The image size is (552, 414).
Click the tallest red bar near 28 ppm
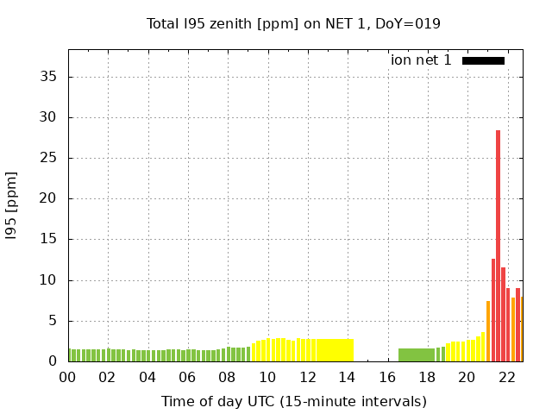point(499,246)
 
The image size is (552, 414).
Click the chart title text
point(293,23)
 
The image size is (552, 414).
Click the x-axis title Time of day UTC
point(293,401)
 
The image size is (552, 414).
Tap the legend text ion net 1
point(421,60)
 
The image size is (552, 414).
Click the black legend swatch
point(483,60)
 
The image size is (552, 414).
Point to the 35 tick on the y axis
point(49,77)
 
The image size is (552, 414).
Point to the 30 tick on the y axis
point(49,117)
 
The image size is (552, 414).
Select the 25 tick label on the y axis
point(49,158)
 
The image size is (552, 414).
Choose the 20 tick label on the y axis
point(49,198)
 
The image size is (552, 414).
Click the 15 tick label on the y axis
point(49,240)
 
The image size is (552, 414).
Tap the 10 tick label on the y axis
point(49,280)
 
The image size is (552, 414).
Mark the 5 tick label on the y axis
point(53,321)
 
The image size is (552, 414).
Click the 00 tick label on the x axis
point(68,377)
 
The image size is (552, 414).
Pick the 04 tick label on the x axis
point(147,377)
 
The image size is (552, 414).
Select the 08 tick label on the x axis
point(227,377)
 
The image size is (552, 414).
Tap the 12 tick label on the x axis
point(307,377)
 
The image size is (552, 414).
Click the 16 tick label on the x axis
point(386,377)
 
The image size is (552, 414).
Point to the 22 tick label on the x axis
point(506,377)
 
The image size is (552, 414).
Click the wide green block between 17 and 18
point(417,354)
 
